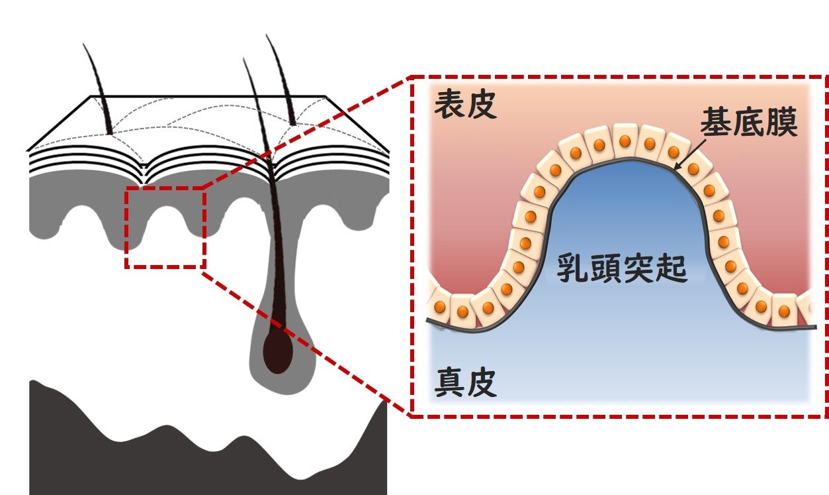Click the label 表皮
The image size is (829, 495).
465,106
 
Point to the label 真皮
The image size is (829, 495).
465,383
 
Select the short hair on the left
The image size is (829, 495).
99,93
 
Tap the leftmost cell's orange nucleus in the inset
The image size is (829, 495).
440,307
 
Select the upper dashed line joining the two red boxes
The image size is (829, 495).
304,133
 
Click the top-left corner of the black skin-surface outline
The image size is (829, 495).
91,97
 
